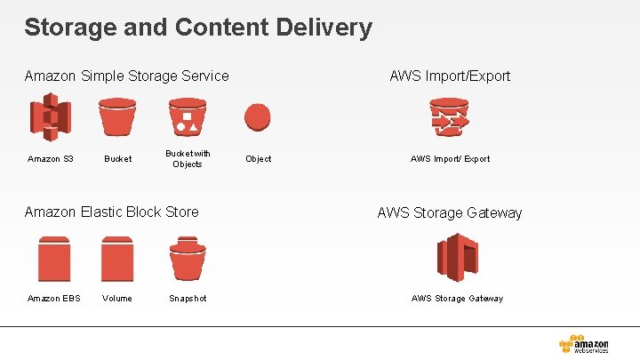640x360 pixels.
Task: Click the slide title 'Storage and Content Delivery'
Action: coord(198,28)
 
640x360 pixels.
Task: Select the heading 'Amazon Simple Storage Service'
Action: coord(126,76)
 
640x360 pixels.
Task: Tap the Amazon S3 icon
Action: coord(50,117)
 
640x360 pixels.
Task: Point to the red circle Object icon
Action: coord(258,117)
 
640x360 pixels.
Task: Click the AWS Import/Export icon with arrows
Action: coord(450,117)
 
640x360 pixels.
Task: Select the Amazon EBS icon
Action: coord(53,259)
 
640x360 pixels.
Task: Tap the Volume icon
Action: coord(116,259)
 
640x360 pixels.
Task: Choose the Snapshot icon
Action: coord(188,259)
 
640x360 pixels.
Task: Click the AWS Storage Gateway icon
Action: coord(457,258)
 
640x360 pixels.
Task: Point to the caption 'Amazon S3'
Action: coord(50,159)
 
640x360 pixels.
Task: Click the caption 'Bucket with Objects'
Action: coord(188,159)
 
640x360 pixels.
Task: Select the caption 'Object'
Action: coord(259,159)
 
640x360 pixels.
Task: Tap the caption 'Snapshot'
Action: coord(188,299)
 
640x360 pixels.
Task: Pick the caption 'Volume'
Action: coord(116,299)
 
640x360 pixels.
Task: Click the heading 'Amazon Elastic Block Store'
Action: coord(112,212)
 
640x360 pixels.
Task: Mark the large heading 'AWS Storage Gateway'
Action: coord(450,213)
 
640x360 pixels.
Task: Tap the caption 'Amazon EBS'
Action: coord(53,299)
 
